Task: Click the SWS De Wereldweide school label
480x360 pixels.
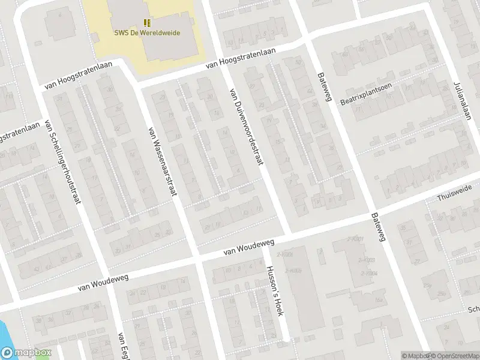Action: coord(148,34)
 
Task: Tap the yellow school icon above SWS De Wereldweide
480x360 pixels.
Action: coord(148,23)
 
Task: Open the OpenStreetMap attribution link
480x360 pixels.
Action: coord(453,356)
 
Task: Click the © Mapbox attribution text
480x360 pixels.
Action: coord(415,356)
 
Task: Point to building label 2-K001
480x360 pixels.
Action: coord(355,239)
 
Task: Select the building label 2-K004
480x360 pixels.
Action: coord(368,273)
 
